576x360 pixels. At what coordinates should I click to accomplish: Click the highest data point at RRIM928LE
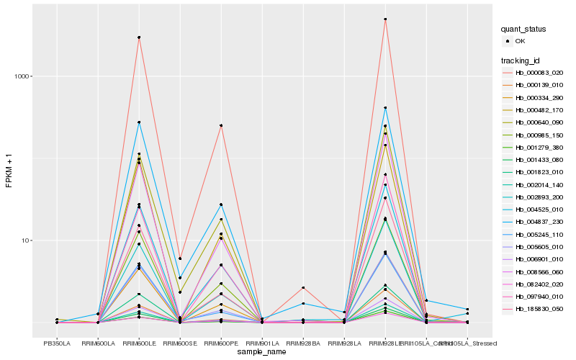(x=385, y=19)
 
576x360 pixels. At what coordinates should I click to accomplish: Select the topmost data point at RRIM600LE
(x=138, y=37)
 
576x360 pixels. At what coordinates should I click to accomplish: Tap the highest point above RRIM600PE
(x=221, y=125)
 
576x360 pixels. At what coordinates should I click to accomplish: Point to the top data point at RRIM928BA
(x=303, y=288)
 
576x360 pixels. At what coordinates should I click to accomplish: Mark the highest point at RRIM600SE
(x=179, y=258)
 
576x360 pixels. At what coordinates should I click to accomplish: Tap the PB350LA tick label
(x=56, y=343)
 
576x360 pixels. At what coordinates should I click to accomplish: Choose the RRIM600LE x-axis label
(x=138, y=343)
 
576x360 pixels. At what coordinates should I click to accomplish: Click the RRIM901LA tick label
(x=262, y=343)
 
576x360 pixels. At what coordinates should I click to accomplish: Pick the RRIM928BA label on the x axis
(x=303, y=343)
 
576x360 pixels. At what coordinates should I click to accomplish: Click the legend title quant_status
(x=523, y=30)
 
